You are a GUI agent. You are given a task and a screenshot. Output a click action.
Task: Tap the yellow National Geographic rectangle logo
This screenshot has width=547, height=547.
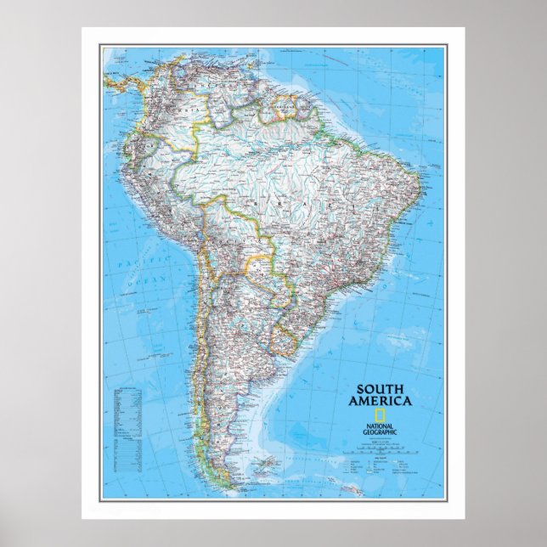click(x=383, y=415)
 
